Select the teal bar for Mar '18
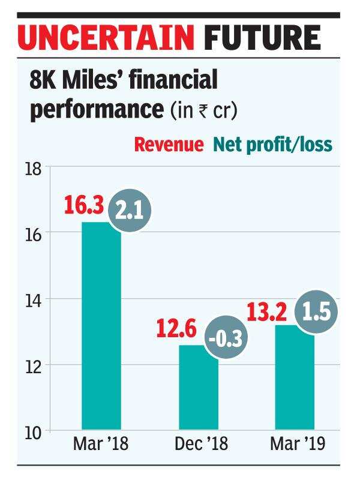(101, 327)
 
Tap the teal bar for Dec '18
(198, 389)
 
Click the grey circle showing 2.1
(127, 213)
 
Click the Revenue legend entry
(168, 145)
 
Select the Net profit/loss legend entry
(272, 145)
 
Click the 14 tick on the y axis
(35, 299)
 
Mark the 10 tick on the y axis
(35, 431)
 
